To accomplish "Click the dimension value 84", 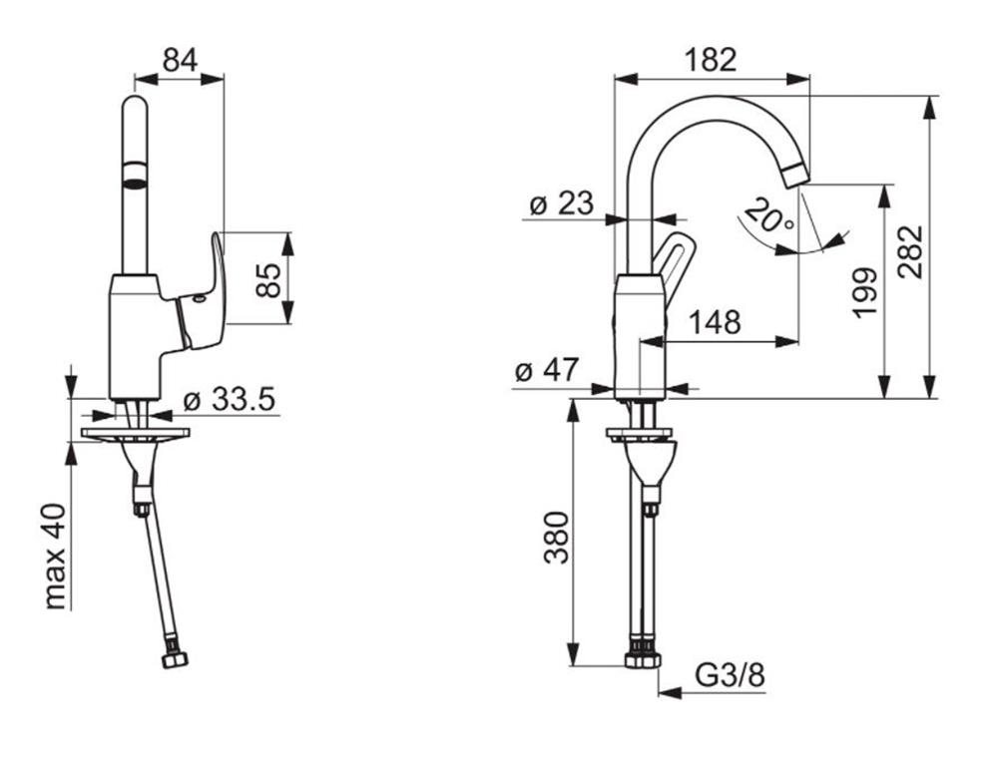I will point(181,60).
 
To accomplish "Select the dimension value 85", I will point(268,278).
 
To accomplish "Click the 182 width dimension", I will point(711,60).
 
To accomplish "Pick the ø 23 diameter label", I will point(561,204).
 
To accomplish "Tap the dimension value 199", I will point(864,292).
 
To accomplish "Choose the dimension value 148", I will point(716,322).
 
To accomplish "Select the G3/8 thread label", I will point(731,677).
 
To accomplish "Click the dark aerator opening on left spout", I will point(134,181).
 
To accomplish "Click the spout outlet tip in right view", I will point(795,177).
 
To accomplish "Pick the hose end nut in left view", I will point(176,659).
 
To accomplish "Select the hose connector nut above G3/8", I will point(642,659).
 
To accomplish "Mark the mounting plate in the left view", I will point(136,434).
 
